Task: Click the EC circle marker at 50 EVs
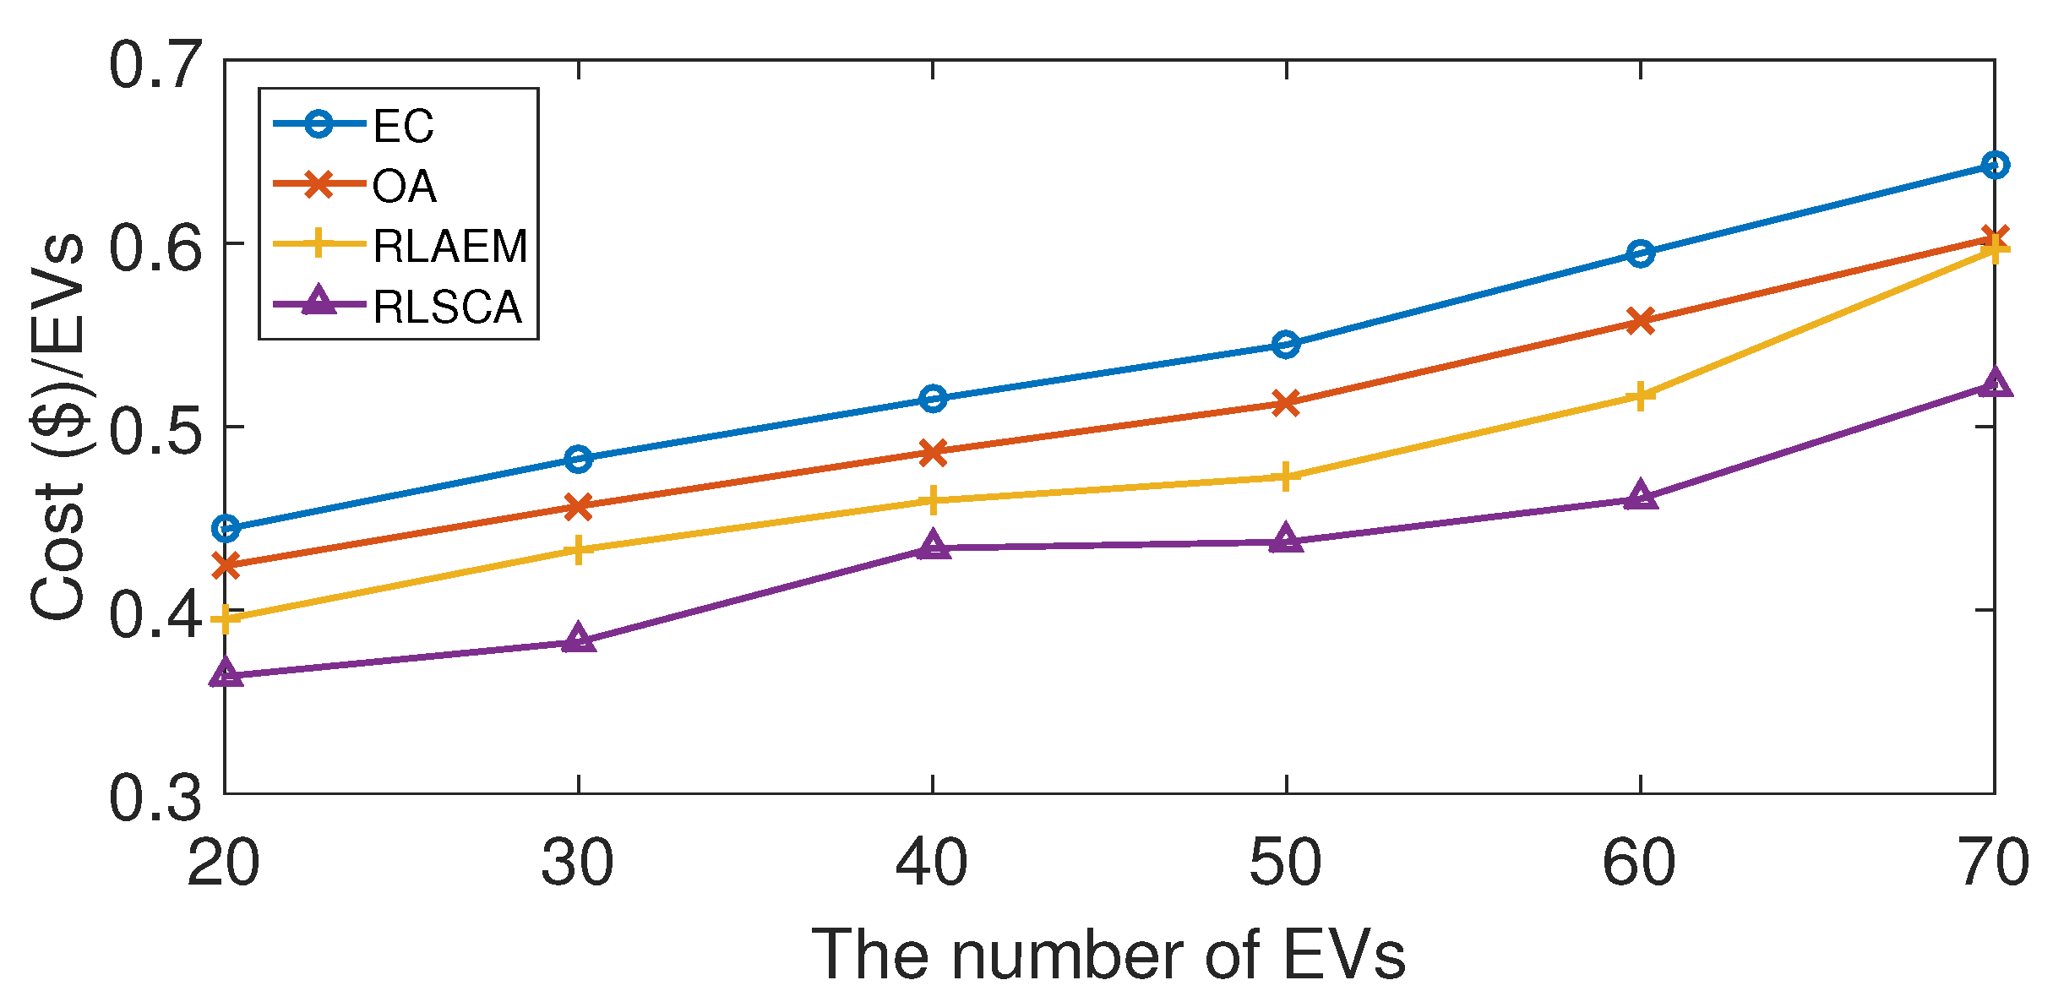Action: tap(1286, 344)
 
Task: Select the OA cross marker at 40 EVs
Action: tap(933, 452)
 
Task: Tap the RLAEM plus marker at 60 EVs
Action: tap(1640, 395)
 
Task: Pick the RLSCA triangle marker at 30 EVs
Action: tap(579, 640)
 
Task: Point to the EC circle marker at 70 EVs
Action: tap(1994, 165)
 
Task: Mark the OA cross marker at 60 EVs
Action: tap(1640, 321)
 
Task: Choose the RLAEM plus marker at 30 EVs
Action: tap(579, 550)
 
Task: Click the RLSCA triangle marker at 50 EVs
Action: tap(1286, 539)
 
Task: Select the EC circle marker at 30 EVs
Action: tap(579, 459)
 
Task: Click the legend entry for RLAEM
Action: tap(449, 247)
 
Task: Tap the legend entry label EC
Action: tap(403, 127)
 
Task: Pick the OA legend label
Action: tap(404, 187)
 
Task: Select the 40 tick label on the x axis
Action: tap(932, 863)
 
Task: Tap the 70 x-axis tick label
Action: tap(1992, 863)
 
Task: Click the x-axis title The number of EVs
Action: tap(1108, 955)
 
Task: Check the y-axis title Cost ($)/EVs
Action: tap(57, 427)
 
